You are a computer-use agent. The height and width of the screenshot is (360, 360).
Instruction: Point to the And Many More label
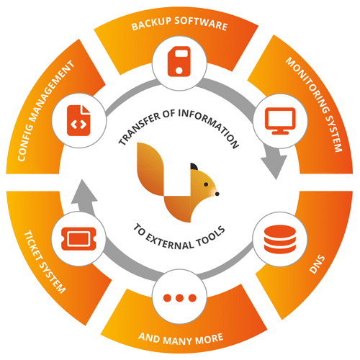tap(180, 336)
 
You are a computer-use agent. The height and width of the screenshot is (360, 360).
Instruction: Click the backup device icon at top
tap(180, 61)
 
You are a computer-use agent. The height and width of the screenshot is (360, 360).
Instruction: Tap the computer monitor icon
tap(278, 118)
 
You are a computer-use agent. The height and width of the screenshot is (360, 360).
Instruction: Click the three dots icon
tap(180, 297)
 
